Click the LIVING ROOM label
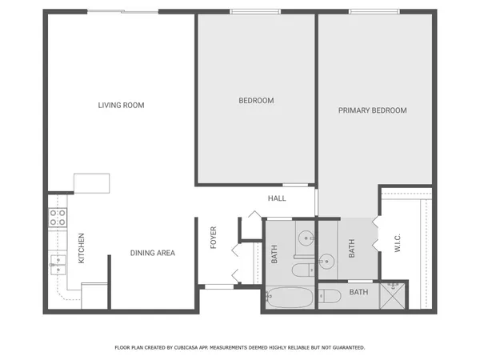pyautogui.click(x=121, y=105)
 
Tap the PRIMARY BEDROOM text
pyautogui.click(x=372, y=110)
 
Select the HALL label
pyautogui.click(x=277, y=198)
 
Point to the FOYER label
pyautogui.click(x=214, y=238)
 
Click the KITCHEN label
pyautogui.click(x=81, y=248)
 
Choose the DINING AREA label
pyautogui.click(x=152, y=253)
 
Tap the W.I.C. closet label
pyautogui.click(x=398, y=242)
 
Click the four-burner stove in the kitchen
pyautogui.click(x=58, y=216)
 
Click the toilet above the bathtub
pyautogui.click(x=302, y=270)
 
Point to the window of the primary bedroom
pyautogui.click(x=374, y=11)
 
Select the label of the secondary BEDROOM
pyautogui.click(x=256, y=101)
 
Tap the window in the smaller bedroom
pyautogui.click(x=255, y=11)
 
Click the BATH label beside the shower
pyautogui.click(x=358, y=292)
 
